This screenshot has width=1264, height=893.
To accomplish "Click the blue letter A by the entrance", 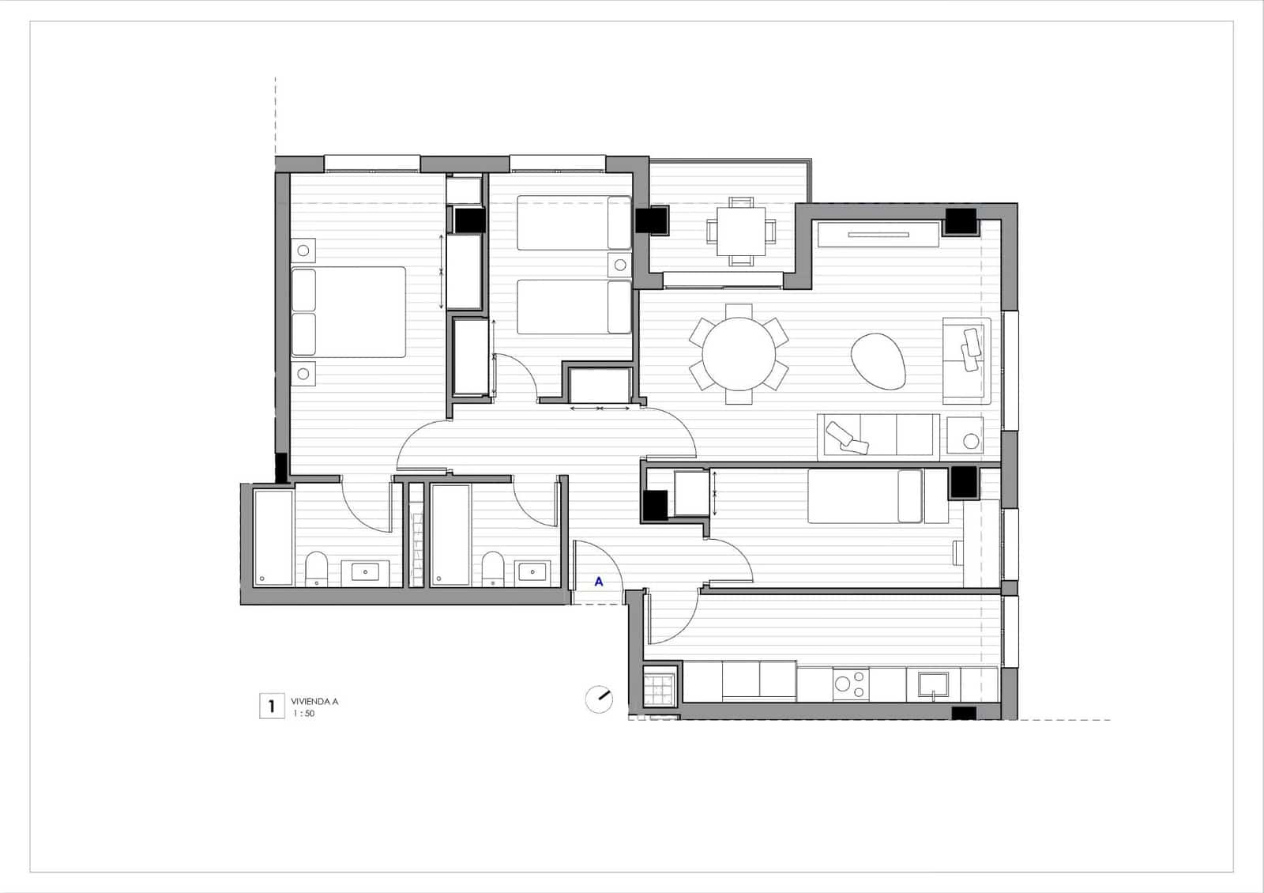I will click(599, 582).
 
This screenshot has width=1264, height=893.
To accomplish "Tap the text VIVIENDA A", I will click(314, 701).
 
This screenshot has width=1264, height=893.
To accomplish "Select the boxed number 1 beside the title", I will click(272, 706).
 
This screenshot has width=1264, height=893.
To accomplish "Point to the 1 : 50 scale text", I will click(304, 714).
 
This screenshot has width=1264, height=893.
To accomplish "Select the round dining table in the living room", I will click(739, 353).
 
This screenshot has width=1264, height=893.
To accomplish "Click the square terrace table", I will click(741, 230).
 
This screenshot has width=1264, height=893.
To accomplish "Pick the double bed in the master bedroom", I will click(348, 311).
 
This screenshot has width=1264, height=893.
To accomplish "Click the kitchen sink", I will click(933, 685).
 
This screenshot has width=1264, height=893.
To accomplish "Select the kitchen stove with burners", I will click(851, 684).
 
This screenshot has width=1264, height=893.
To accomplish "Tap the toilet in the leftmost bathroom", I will click(316, 569).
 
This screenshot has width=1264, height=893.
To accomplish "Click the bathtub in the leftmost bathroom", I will click(273, 537).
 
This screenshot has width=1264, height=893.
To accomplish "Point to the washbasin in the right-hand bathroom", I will click(532, 572).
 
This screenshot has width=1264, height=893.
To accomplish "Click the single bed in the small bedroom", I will click(865, 496).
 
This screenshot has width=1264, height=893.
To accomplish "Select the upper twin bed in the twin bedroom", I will click(574, 223).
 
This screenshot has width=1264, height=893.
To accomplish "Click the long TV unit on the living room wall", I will click(878, 234).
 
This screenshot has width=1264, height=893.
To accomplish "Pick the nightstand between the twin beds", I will click(620, 265).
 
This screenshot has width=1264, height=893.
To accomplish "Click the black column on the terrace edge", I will click(653, 220).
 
